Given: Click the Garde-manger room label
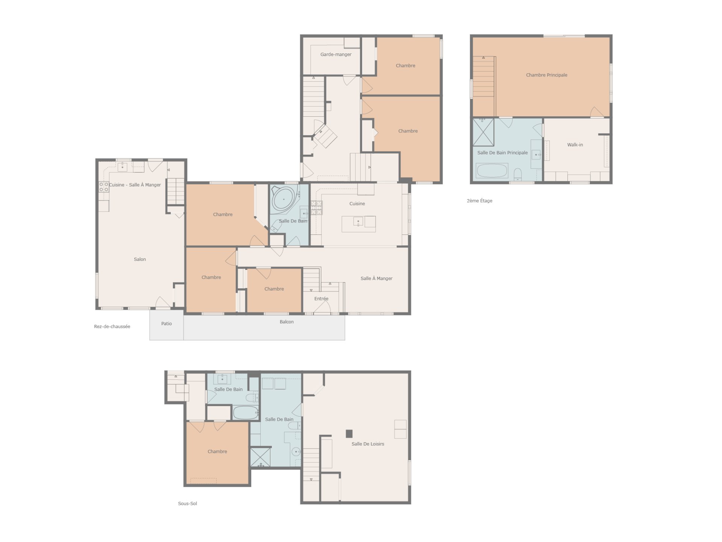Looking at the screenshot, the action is tap(336, 55).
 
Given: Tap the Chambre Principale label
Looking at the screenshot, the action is tap(546, 75).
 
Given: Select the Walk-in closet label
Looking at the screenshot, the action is tap(575, 145).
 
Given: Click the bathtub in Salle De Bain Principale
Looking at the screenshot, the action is tap(492, 171).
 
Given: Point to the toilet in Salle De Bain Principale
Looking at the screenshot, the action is tap(518, 174).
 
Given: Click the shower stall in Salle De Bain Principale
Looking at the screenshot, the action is tap(483, 132).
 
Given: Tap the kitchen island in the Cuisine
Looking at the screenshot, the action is tap(358, 224).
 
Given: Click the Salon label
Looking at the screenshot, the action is tap(140, 259).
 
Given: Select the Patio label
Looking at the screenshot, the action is tap(167, 324).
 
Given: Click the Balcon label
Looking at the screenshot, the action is tap(287, 322).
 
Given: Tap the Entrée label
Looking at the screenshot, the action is tap(321, 299).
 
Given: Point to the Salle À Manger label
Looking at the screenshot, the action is tap(376, 279).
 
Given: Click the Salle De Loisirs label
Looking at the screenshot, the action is tap(368, 444).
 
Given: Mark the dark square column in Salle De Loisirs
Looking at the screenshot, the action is tap(349, 434).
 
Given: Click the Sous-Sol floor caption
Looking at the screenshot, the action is tap(187, 504).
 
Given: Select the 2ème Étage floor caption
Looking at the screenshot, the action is tap(479, 201).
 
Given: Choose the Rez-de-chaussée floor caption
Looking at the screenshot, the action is tap(112, 327).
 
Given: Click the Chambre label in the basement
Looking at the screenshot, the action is tap(217, 452).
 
